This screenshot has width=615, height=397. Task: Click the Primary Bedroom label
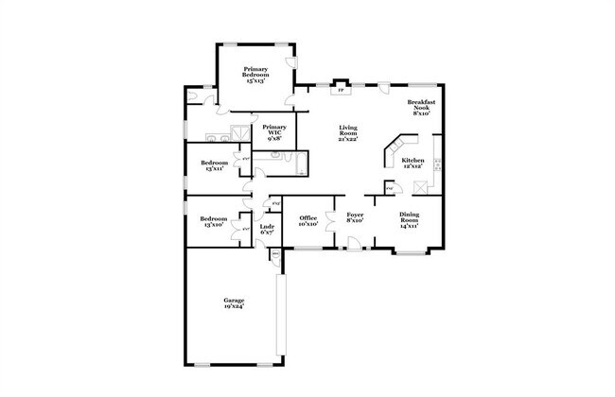(x=255, y=75)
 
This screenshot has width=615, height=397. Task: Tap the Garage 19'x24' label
(x=234, y=302)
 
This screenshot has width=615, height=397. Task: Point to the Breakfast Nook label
(x=421, y=107)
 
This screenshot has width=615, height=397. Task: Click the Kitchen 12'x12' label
(x=413, y=164)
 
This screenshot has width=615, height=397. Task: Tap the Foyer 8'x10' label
(x=355, y=218)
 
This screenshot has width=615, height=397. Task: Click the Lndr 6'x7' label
(x=268, y=229)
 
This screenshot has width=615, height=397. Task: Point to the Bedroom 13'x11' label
(x=213, y=166)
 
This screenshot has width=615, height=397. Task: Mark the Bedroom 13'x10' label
(x=213, y=222)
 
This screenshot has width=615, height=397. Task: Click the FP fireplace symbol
(x=341, y=91)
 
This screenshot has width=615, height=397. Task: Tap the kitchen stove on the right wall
(x=438, y=164)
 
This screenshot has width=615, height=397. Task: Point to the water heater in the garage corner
(x=275, y=254)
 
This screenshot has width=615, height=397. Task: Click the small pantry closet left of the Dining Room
(x=388, y=187)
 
